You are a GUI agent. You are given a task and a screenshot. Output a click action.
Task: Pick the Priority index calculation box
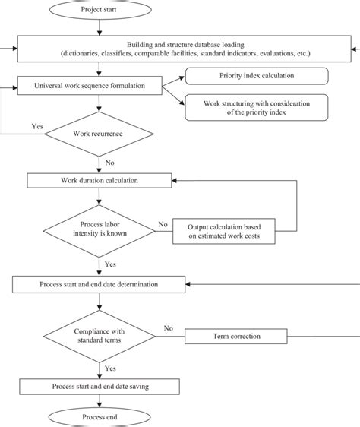tap(257, 76)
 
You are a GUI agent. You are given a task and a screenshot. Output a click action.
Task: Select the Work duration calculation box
tap(99, 180)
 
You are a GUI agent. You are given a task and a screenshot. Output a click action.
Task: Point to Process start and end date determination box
tap(99, 284)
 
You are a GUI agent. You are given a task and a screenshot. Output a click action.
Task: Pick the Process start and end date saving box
tap(99, 387)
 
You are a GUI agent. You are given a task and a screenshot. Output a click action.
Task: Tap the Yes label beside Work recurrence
tap(36, 127)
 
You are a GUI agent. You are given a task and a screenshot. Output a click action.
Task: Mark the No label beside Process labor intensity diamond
tap(162, 224)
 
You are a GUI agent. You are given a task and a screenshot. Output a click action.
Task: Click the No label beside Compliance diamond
tap(169, 329)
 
